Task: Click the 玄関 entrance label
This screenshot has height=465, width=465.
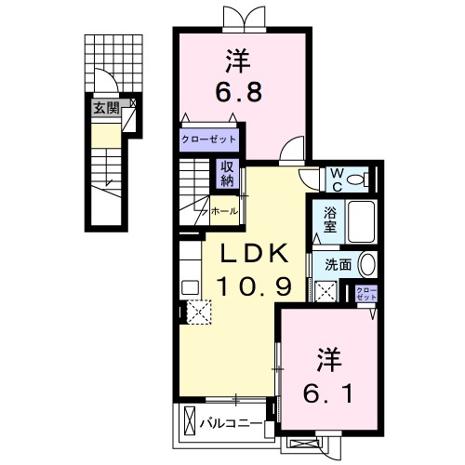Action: click(105, 108)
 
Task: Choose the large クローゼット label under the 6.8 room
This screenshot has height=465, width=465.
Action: click(209, 140)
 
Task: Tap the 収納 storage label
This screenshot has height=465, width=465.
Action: click(227, 173)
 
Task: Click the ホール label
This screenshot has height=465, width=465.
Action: click(224, 211)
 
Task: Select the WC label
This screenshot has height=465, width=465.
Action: click(335, 178)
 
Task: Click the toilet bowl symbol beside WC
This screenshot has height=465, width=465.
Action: click(362, 178)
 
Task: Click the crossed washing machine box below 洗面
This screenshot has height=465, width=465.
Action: click(325, 292)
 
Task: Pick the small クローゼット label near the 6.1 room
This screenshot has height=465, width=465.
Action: click(366, 292)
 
